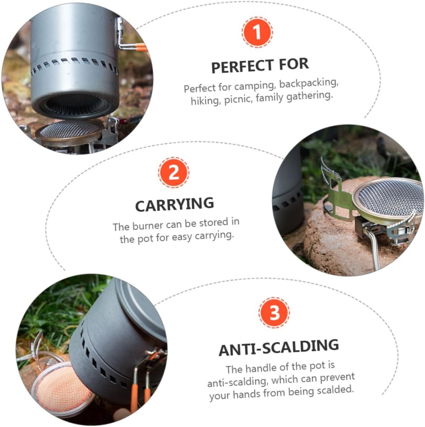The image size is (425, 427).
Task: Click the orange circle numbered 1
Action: pyautogui.click(x=257, y=32)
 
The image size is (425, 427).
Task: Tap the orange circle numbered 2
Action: pyautogui.click(x=173, y=172)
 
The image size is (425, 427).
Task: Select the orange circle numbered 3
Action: pyautogui.click(x=274, y=313)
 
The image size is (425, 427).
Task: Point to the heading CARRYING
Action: pyautogui.click(x=174, y=205)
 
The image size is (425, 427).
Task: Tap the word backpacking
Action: pyautogui.click(x=309, y=83)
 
